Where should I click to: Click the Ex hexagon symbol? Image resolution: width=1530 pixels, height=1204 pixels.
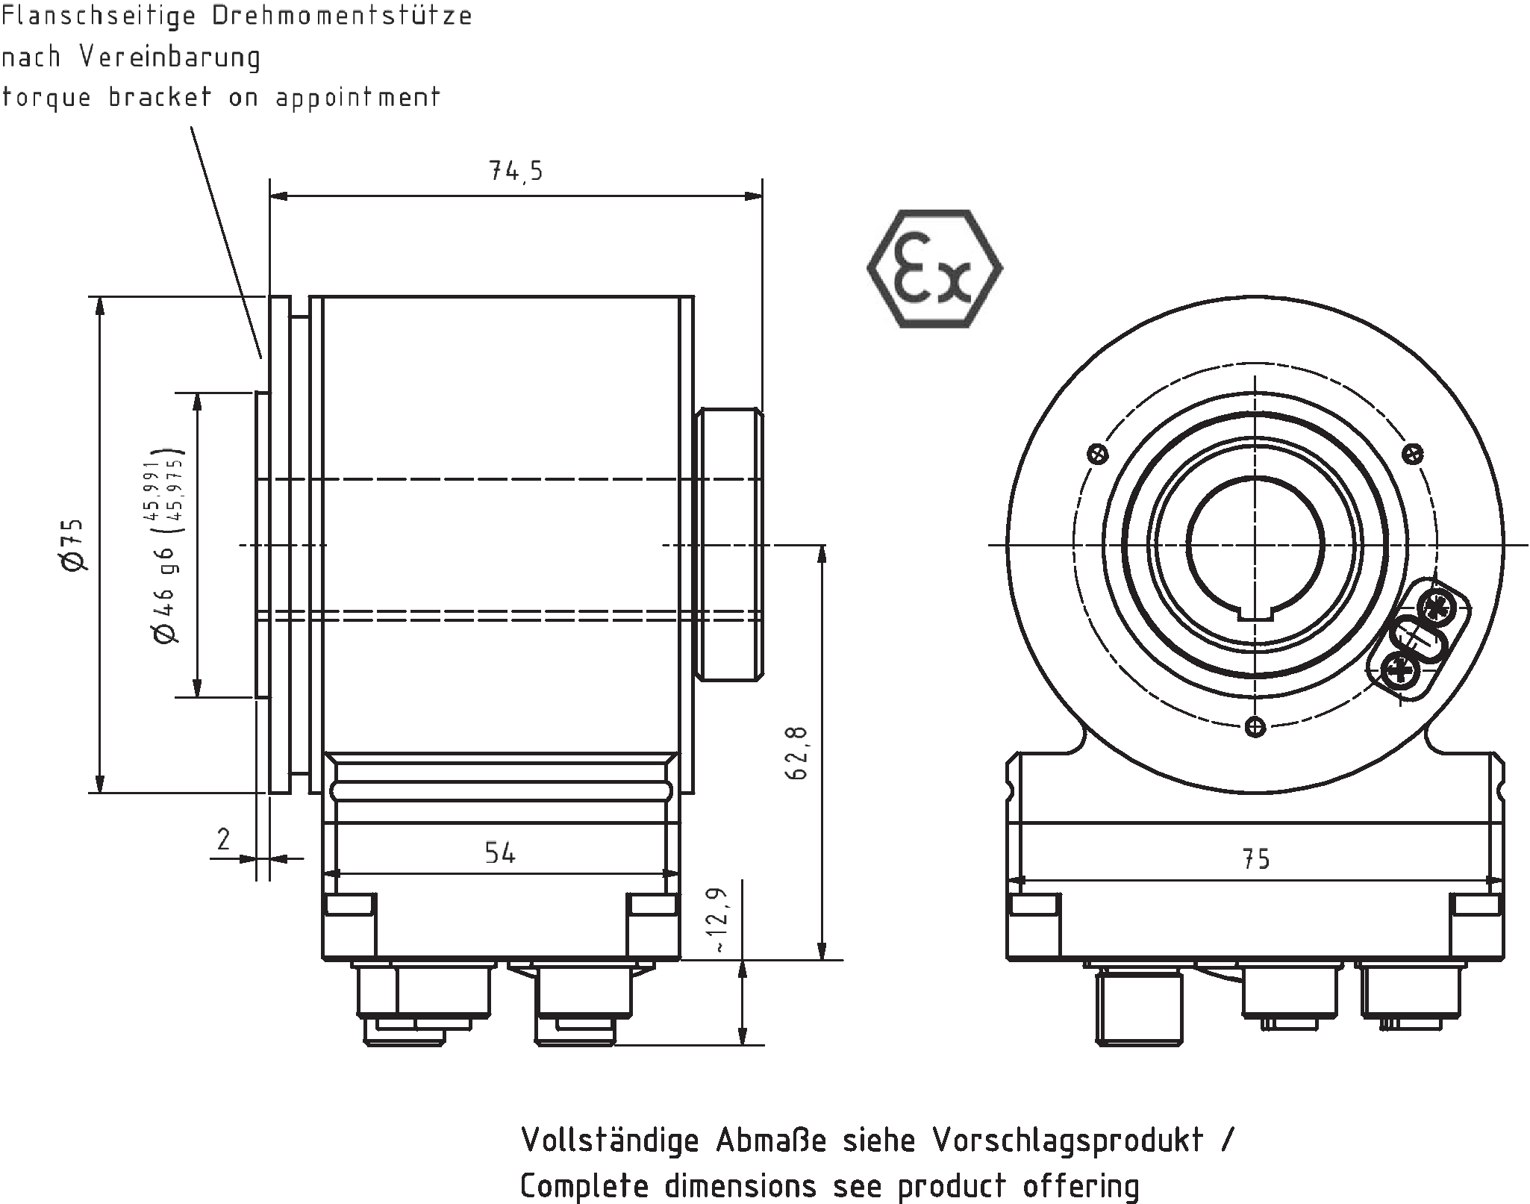pyautogui.click(x=934, y=269)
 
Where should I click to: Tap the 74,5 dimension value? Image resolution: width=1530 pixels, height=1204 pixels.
pyautogui.click(x=516, y=172)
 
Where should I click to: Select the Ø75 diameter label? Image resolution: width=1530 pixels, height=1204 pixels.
pyautogui.click(x=75, y=546)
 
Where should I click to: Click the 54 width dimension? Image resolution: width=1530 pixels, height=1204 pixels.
pyautogui.click(x=499, y=852)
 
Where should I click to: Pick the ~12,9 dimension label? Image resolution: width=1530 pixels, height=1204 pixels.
pyautogui.click(x=718, y=920)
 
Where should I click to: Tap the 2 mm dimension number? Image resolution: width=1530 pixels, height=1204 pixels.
pyautogui.click(x=223, y=840)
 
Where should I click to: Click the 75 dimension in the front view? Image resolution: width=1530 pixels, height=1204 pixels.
pyautogui.click(x=1256, y=859)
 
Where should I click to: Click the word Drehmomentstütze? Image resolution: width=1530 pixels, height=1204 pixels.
pyautogui.click(x=342, y=16)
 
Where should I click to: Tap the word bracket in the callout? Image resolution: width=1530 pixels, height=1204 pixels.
pyautogui.click(x=160, y=97)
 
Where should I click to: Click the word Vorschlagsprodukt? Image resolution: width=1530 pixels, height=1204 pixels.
pyautogui.click(x=1067, y=1140)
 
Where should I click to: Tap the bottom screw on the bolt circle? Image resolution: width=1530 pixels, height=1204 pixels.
pyautogui.click(x=1256, y=726)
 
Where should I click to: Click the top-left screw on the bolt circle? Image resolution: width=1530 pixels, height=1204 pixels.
pyautogui.click(x=1098, y=454)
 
